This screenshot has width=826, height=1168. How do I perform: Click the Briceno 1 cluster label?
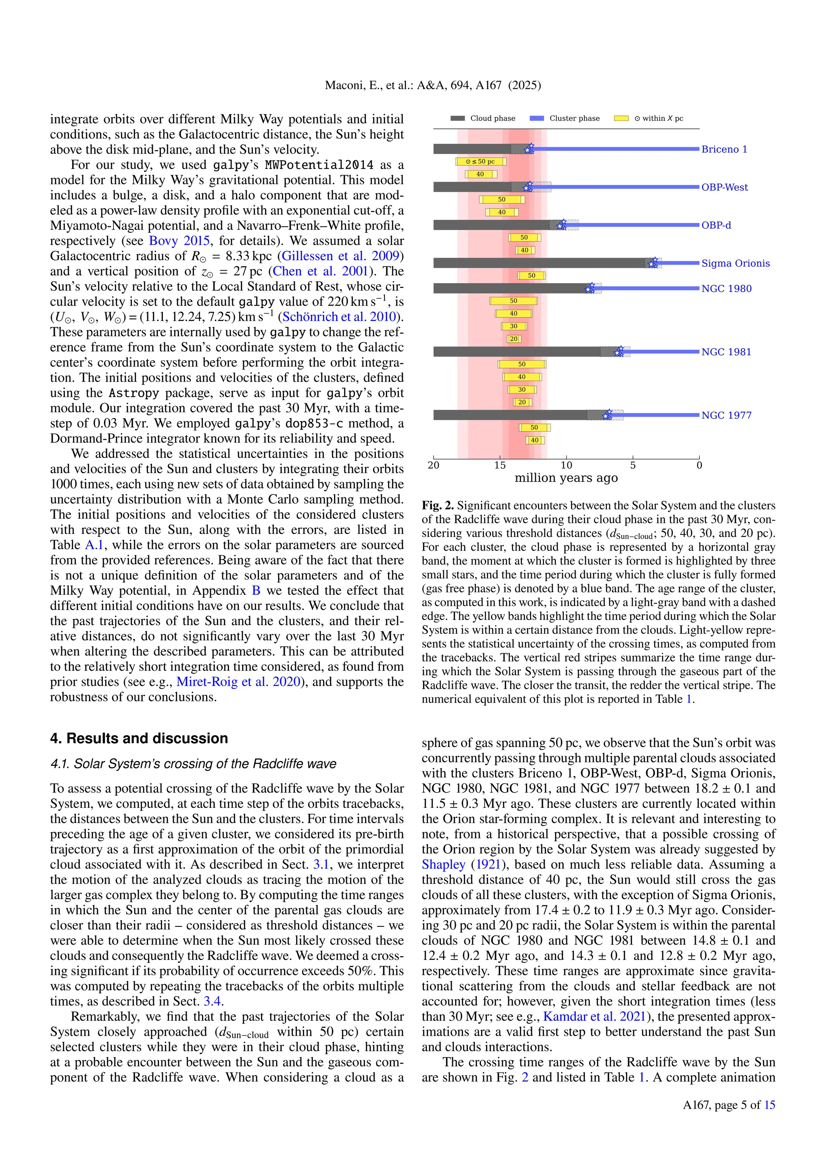tap(724, 149)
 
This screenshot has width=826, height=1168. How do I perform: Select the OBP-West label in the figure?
tap(724, 187)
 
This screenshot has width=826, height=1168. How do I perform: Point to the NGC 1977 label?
tap(726, 415)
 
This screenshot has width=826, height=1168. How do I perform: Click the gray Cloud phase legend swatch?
tap(457, 119)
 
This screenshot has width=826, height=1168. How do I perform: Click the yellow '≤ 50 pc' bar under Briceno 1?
tap(481, 161)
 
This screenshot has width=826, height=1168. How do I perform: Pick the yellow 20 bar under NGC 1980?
tap(514, 339)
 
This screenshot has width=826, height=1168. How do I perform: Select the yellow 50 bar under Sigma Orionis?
tap(531, 275)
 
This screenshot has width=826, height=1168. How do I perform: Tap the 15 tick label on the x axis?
tap(500, 465)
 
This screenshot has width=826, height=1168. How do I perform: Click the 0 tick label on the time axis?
tap(699, 465)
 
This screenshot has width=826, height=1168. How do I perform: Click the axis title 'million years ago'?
tap(566, 478)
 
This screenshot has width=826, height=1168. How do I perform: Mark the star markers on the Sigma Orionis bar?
tap(653, 263)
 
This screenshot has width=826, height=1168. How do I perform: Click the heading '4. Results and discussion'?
tap(139, 738)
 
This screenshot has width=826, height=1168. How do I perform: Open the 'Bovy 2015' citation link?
tap(179, 241)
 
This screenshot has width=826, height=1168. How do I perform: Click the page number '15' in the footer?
tap(770, 1105)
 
